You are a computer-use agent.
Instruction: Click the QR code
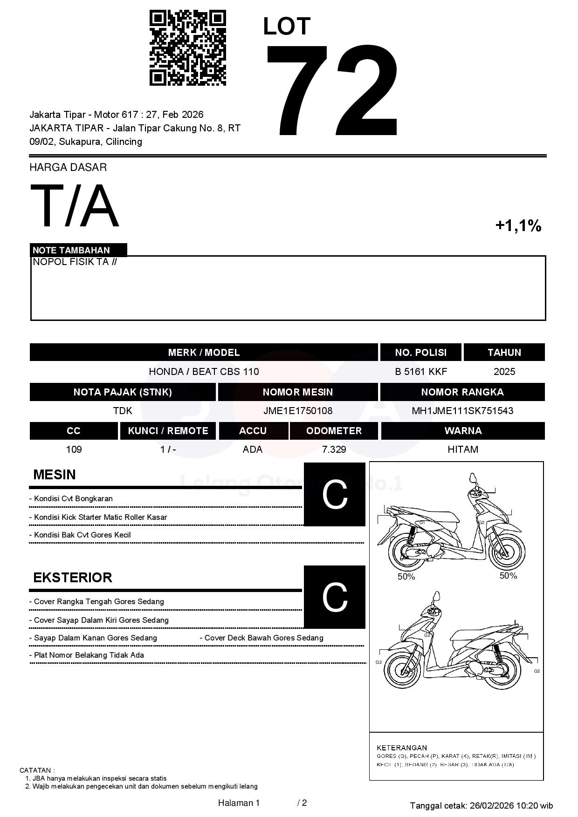pos(187,48)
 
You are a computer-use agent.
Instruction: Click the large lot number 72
pos(332,91)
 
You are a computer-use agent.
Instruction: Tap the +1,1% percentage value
pos(518,226)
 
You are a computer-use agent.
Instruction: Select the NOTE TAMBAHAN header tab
pos(71,250)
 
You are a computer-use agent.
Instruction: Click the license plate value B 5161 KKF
pos(420,372)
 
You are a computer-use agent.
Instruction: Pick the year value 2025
pos(504,372)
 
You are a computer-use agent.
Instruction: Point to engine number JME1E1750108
pos(297,411)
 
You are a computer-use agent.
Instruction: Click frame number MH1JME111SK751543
pos(462,411)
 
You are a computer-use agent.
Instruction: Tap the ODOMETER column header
pos(334,431)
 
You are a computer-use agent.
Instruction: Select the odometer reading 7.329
pos(334,449)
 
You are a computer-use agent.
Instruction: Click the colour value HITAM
pos(462,449)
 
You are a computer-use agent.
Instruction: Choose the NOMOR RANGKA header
pos(462,392)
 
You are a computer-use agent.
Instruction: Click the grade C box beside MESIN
pos(334,494)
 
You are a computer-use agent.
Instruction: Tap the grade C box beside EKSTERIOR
pos(334,597)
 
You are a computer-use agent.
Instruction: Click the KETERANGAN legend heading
pos(401,748)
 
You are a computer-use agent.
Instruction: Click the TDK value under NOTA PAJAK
pos(123,411)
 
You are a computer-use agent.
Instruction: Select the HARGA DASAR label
pos(68,167)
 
